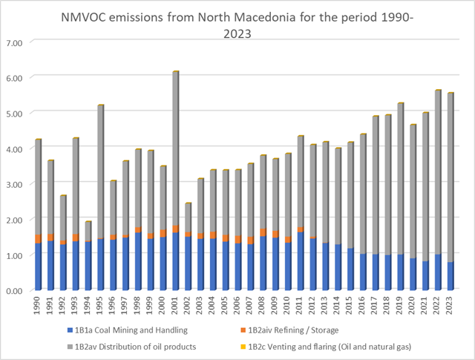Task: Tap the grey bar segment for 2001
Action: point(176,148)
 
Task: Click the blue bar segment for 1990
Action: point(38,267)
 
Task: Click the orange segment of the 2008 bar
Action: point(263,232)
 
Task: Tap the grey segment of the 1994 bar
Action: point(88,231)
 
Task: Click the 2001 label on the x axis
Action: point(176,305)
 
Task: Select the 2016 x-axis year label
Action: point(363,305)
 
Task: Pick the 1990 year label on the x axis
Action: point(38,305)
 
